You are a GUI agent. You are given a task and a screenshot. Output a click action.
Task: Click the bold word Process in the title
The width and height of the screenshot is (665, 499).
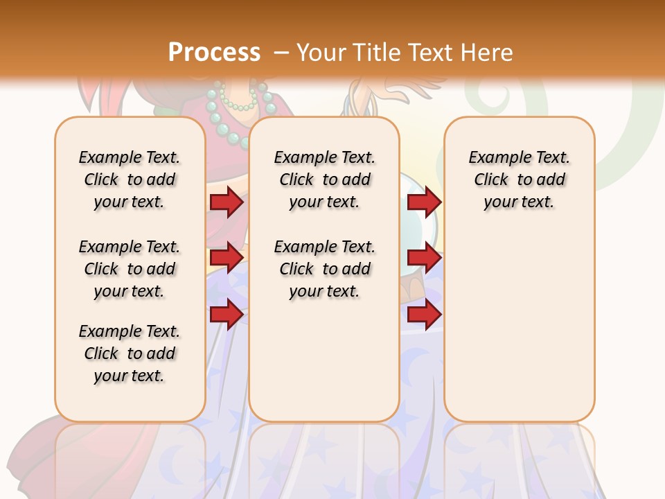pyautogui.click(x=214, y=52)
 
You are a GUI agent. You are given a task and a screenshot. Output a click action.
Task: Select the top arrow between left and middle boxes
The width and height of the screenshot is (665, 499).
pyautogui.click(x=226, y=202)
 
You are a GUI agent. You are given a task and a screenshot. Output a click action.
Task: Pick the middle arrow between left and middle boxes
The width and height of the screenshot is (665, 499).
pyautogui.click(x=226, y=258)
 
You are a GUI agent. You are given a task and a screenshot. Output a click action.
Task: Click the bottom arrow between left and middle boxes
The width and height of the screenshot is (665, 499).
pyautogui.click(x=226, y=314)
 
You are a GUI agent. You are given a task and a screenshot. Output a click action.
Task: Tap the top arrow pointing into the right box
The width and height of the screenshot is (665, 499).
pyautogui.click(x=424, y=202)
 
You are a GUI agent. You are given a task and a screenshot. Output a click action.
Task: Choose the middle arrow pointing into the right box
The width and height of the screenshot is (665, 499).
pyautogui.click(x=424, y=258)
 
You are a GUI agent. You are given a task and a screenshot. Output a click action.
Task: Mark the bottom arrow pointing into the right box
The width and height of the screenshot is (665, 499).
pyautogui.click(x=424, y=314)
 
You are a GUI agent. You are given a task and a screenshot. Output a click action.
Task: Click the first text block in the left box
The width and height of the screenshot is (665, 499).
pyautogui.click(x=130, y=180)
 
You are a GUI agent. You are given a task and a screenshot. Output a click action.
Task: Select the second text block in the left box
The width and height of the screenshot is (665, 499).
pyautogui.click(x=130, y=269)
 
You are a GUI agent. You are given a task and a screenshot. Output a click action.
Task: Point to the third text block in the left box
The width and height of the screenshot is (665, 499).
pyautogui.click(x=130, y=353)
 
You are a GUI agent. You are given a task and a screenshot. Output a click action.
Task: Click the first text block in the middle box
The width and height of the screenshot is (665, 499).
pyautogui.click(x=325, y=180)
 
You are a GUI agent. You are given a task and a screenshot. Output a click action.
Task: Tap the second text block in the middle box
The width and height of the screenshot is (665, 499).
pyautogui.click(x=325, y=269)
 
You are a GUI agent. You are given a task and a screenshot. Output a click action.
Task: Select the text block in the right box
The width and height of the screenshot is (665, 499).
pyautogui.click(x=520, y=180)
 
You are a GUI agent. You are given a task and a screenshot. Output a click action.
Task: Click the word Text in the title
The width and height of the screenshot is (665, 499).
pyautogui.click(x=432, y=52)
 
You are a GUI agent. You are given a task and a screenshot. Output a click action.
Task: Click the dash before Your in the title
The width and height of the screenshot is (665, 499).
pyautogui.click(x=281, y=52)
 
